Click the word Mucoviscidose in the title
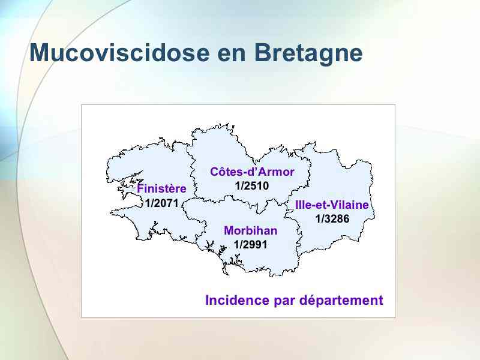click(119, 52)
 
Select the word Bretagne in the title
click(308, 53)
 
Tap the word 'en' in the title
click(232, 55)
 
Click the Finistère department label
click(161, 188)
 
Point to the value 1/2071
click(161, 203)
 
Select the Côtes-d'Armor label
click(252, 172)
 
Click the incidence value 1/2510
click(252, 186)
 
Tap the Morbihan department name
click(251, 230)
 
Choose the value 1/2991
click(250, 245)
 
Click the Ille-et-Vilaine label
click(332, 205)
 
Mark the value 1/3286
click(332, 218)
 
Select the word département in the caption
click(341, 301)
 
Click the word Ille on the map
click(302, 205)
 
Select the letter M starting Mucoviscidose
click(40, 53)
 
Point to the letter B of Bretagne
click(263, 53)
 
